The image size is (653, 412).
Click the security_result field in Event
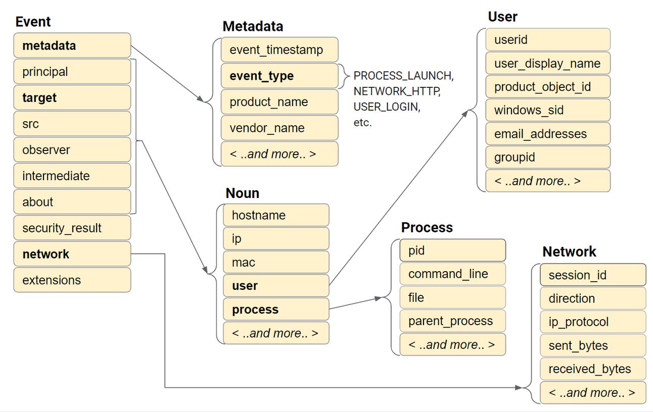click(72, 228)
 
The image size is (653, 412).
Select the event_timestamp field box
click(279, 49)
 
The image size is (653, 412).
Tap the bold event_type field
click(279, 76)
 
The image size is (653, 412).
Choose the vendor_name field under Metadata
click(279, 128)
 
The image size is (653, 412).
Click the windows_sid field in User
click(548, 110)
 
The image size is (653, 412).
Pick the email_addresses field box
click(548, 134)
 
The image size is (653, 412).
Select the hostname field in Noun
click(276, 215)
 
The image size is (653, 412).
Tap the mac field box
click(276, 262)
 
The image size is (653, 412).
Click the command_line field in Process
click(452, 274)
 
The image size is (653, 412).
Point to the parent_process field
click(452, 321)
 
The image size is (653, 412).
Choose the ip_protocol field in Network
click(593, 322)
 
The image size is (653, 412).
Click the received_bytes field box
click(593, 369)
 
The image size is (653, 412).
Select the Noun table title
click(242, 193)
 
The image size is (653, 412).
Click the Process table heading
click(427, 227)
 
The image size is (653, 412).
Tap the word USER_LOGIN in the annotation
click(387, 107)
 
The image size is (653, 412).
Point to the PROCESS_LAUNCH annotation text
click(403, 76)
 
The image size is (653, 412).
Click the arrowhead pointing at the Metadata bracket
click(201, 98)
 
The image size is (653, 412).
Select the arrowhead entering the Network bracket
click(519, 388)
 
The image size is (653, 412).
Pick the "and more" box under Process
click(452, 344)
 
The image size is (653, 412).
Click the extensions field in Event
click(72, 280)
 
